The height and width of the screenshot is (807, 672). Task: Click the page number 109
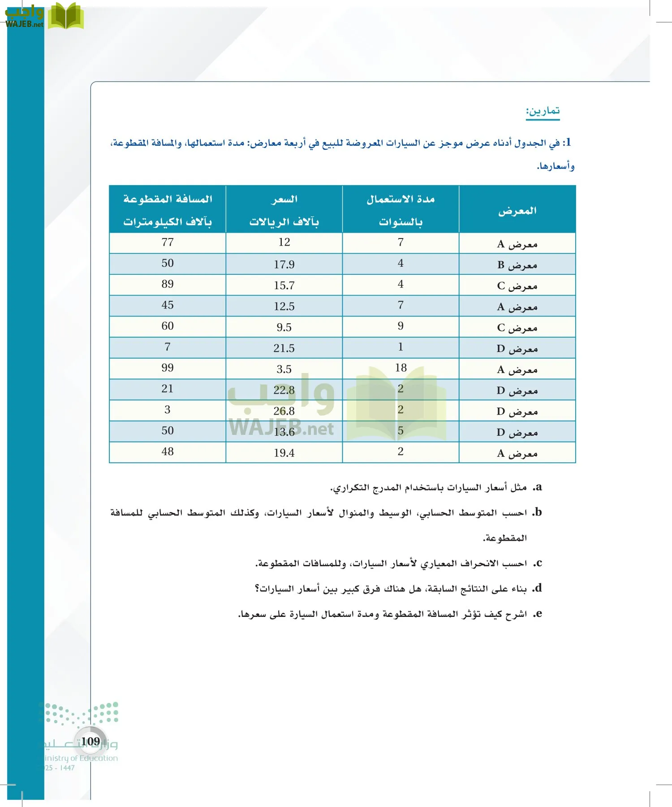coord(90,742)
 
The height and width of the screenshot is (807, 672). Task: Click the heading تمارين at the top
coord(543,111)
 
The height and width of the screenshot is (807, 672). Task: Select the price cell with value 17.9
coord(284,265)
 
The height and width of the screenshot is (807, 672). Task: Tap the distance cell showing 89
coord(168,284)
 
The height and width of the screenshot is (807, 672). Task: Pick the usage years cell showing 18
coord(401,368)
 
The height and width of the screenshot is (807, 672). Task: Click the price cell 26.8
coord(284,411)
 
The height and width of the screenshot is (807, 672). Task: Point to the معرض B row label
coord(517,265)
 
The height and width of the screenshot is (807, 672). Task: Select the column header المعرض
coord(517,210)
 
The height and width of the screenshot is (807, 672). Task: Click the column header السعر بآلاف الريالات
coord(284,210)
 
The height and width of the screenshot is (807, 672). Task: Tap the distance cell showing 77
coord(168,243)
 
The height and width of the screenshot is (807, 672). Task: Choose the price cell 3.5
coord(284,369)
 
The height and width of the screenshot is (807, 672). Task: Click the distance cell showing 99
coord(168,368)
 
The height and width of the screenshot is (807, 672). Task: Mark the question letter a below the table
coord(538,487)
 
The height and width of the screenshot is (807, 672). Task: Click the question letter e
coord(538,613)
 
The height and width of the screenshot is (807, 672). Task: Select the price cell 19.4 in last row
coord(284,453)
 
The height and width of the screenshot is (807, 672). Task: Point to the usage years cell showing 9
coord(401,326)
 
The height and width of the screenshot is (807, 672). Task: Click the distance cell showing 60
coord(168,326)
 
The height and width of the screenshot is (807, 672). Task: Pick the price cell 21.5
coord(284,348)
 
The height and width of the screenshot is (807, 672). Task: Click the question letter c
coord(538,563)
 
